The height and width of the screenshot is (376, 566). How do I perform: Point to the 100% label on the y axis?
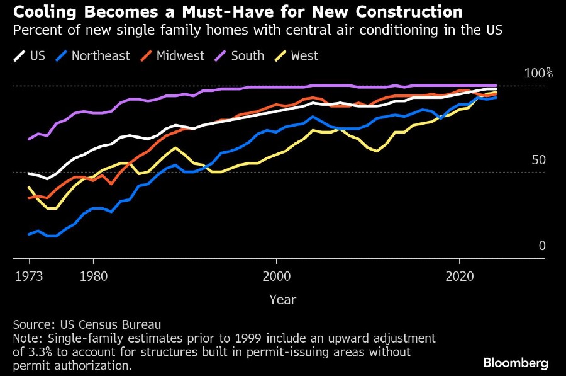(x=538, y=74)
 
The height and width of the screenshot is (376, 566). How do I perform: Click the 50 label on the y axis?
(x=539, y=160)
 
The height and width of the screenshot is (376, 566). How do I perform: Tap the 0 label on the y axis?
(x=541, y=246)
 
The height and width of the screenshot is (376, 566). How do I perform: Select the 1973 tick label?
(x=30, y=276)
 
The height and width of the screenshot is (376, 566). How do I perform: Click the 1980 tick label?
(x=94, y=276)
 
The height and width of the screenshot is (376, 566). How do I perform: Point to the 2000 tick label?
(x=276, y=276)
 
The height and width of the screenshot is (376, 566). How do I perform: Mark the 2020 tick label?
(x=459, y=276)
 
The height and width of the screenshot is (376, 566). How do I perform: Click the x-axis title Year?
(x=282, y=300)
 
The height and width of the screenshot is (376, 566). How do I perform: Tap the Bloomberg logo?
(x=516, y=363)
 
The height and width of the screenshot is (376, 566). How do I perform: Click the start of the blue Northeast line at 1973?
(x=30, y=234)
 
